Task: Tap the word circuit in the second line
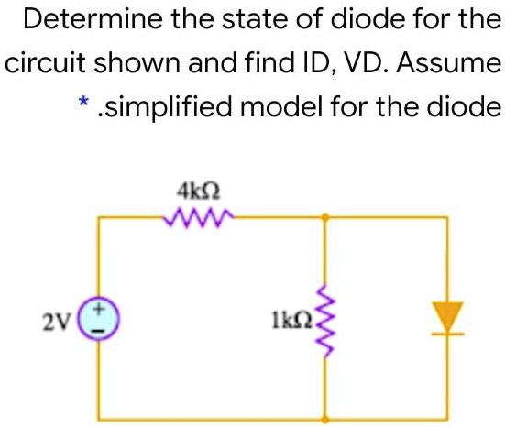[40, 65]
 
